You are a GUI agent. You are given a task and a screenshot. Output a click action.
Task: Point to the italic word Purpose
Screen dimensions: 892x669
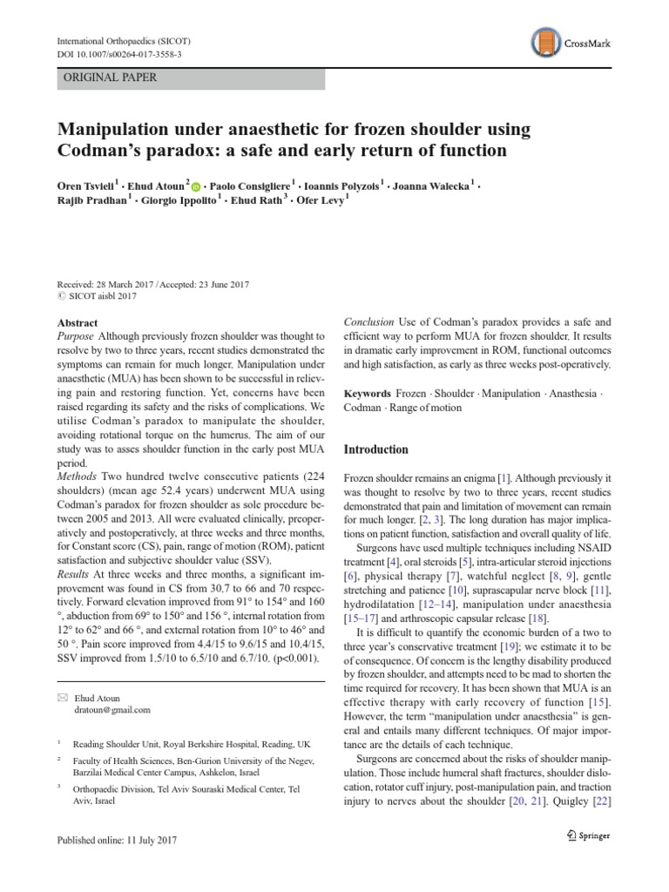(75, 336)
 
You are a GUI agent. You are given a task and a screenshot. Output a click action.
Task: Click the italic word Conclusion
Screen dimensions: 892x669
(369, 321)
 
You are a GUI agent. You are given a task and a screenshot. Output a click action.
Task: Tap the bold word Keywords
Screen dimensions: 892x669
(368, 393)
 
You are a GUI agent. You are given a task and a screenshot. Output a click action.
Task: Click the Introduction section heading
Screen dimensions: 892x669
(376, 449)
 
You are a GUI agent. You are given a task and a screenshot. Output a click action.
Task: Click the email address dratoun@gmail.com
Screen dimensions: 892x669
(111, 710)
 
